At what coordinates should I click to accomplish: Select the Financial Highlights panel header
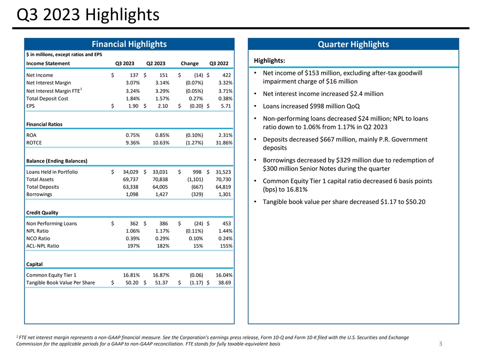click(x=128, y=44)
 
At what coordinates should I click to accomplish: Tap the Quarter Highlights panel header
click(x=353, y=44)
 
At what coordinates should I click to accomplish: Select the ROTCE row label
click(x=34, y=143)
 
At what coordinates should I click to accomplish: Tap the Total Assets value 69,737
click(x=129, y=179)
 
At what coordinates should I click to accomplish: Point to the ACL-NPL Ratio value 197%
click(x=131, y=246)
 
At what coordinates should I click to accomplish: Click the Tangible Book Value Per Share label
click(x=60, y=282)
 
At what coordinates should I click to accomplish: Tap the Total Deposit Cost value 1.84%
click(x=131, y=99)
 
